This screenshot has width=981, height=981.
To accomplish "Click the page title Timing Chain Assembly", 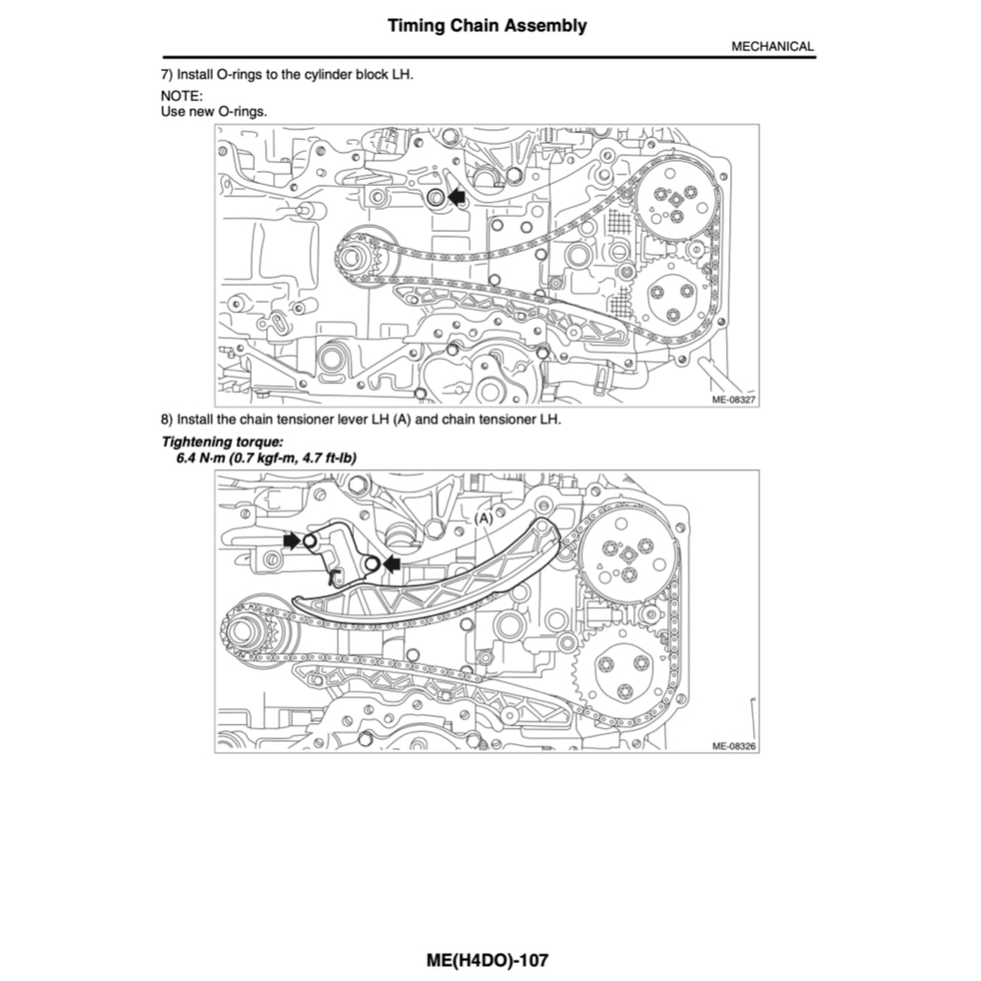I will click(x=487, y=26).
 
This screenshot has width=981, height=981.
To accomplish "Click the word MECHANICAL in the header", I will click(x=772, y=46).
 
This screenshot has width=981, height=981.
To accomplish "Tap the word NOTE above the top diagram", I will click(x=181, y=97).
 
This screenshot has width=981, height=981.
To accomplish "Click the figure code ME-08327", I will click(x=734, y=400).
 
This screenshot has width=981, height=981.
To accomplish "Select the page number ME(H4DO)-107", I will click(x=489, y=959).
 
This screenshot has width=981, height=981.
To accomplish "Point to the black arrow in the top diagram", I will click(x=456, y=196).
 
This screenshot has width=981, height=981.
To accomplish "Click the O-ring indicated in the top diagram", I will click(x=435, y=197).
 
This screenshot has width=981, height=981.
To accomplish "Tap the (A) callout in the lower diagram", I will click(x=484, y=517).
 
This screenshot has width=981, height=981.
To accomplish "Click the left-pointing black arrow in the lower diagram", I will click(x=391, y=563).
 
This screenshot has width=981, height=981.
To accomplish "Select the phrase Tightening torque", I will click(x=222, y=442).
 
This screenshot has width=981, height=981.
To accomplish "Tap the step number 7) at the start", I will click(x=167, y=75).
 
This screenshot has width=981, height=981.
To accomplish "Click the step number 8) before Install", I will click(x=167, y=420).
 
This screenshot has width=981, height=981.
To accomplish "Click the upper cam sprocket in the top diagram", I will click(x=674, y=201).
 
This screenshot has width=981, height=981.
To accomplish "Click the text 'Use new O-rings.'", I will click(x=214, y=111).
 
